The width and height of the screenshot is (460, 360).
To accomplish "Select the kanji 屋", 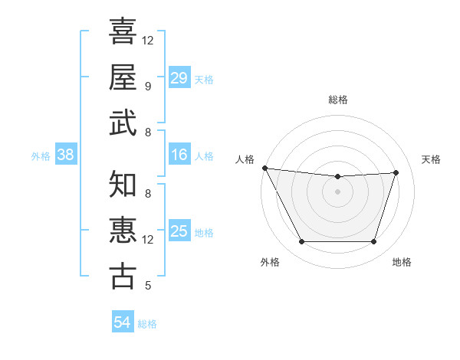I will pyautogui.click(x=123, y=77).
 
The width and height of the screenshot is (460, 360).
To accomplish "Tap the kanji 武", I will pyautogui.click(x=123, y=123).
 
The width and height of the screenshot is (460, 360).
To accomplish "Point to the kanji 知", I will pyautogui.click(x=123, y=185).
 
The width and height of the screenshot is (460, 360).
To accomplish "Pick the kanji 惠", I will pyautogui.click(x=123, y=231).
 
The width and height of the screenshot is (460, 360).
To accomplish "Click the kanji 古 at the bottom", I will pyautogui.click(x=123, y=277).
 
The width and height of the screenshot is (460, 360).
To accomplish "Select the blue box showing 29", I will pyautogui.click(x=179, y=78).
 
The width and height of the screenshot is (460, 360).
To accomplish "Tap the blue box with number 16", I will pyautogui.click(x=179, y=155).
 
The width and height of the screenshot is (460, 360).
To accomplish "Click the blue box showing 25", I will pyautogui.click(x=179, y=231).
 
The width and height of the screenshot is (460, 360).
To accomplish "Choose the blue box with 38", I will pyautogui.click(x=65, y=155).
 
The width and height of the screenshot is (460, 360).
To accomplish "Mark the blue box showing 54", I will pyautogui.click(x=122, y=322).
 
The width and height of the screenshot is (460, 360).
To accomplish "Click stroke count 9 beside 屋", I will pyautogui.click(x=148, y=87).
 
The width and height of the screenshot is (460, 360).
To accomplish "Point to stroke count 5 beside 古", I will pyautogui.click(x=148, y=286).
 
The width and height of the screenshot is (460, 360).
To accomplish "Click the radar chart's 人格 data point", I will pyautogui.click(x=264, y=168).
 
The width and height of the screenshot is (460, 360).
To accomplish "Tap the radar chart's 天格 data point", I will pyautogui.click(x=396, y=172).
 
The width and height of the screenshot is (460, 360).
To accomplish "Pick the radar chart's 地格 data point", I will pyautogui.click(x=373, y=242).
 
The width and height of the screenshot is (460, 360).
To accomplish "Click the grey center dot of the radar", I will pyautogui.click(x=337, y=191).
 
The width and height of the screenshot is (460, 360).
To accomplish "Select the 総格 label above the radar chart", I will pyautogui.click(x=337, y=100).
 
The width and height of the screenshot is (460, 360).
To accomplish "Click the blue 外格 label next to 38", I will pyautogui.click(x=41, y=156).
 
